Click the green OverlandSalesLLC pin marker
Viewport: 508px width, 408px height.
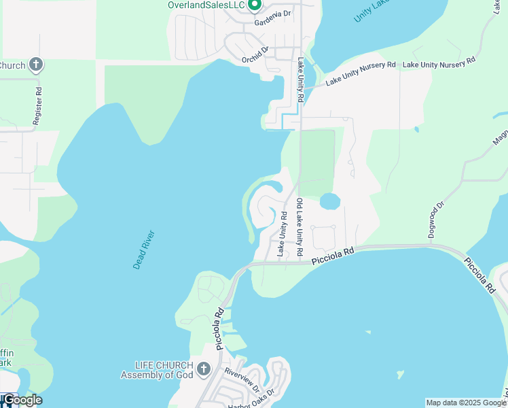pyautogui.click(x=255, y=5)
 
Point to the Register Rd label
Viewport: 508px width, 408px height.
pyautogui.click(x=38, y=105)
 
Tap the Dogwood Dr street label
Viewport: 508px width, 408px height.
pyautogui.click(x=435, y=219)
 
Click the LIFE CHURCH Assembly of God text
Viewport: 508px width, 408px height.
pyautogui.click(x=157, y=370)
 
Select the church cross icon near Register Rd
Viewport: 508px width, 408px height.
pyautogui.click(x=36, y=65)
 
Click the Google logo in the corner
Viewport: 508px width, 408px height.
pyautogui.click(x=22, y=400)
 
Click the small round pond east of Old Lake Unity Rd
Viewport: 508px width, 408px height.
pyautogui.click(x=329, y=201)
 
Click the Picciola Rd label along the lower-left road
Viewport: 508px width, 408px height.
pyautogui.click(x=220, y=330)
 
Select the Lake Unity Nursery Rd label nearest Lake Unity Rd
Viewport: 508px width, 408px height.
pyautogui.click(x=360, y=73)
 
